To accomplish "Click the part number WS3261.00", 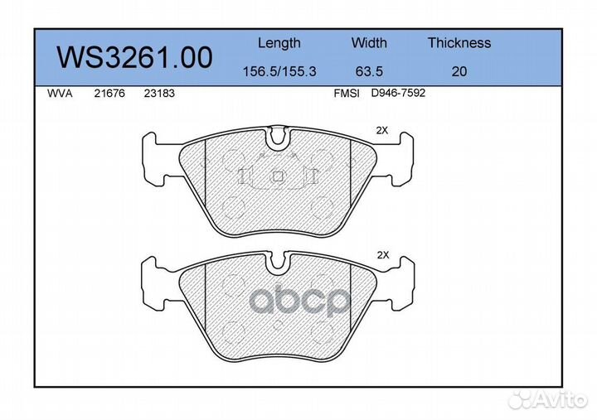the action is point(134,57).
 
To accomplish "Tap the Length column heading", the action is point(279,43).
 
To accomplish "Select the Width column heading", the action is point(369,42).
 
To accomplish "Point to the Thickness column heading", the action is point(459,42).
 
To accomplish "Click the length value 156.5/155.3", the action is point(279,71).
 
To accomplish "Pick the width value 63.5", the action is point(369,71).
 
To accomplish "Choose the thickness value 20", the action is point(459,71).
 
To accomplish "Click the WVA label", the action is point(60,94).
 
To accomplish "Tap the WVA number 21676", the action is point(109,94).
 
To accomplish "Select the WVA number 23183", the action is point(159,94).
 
